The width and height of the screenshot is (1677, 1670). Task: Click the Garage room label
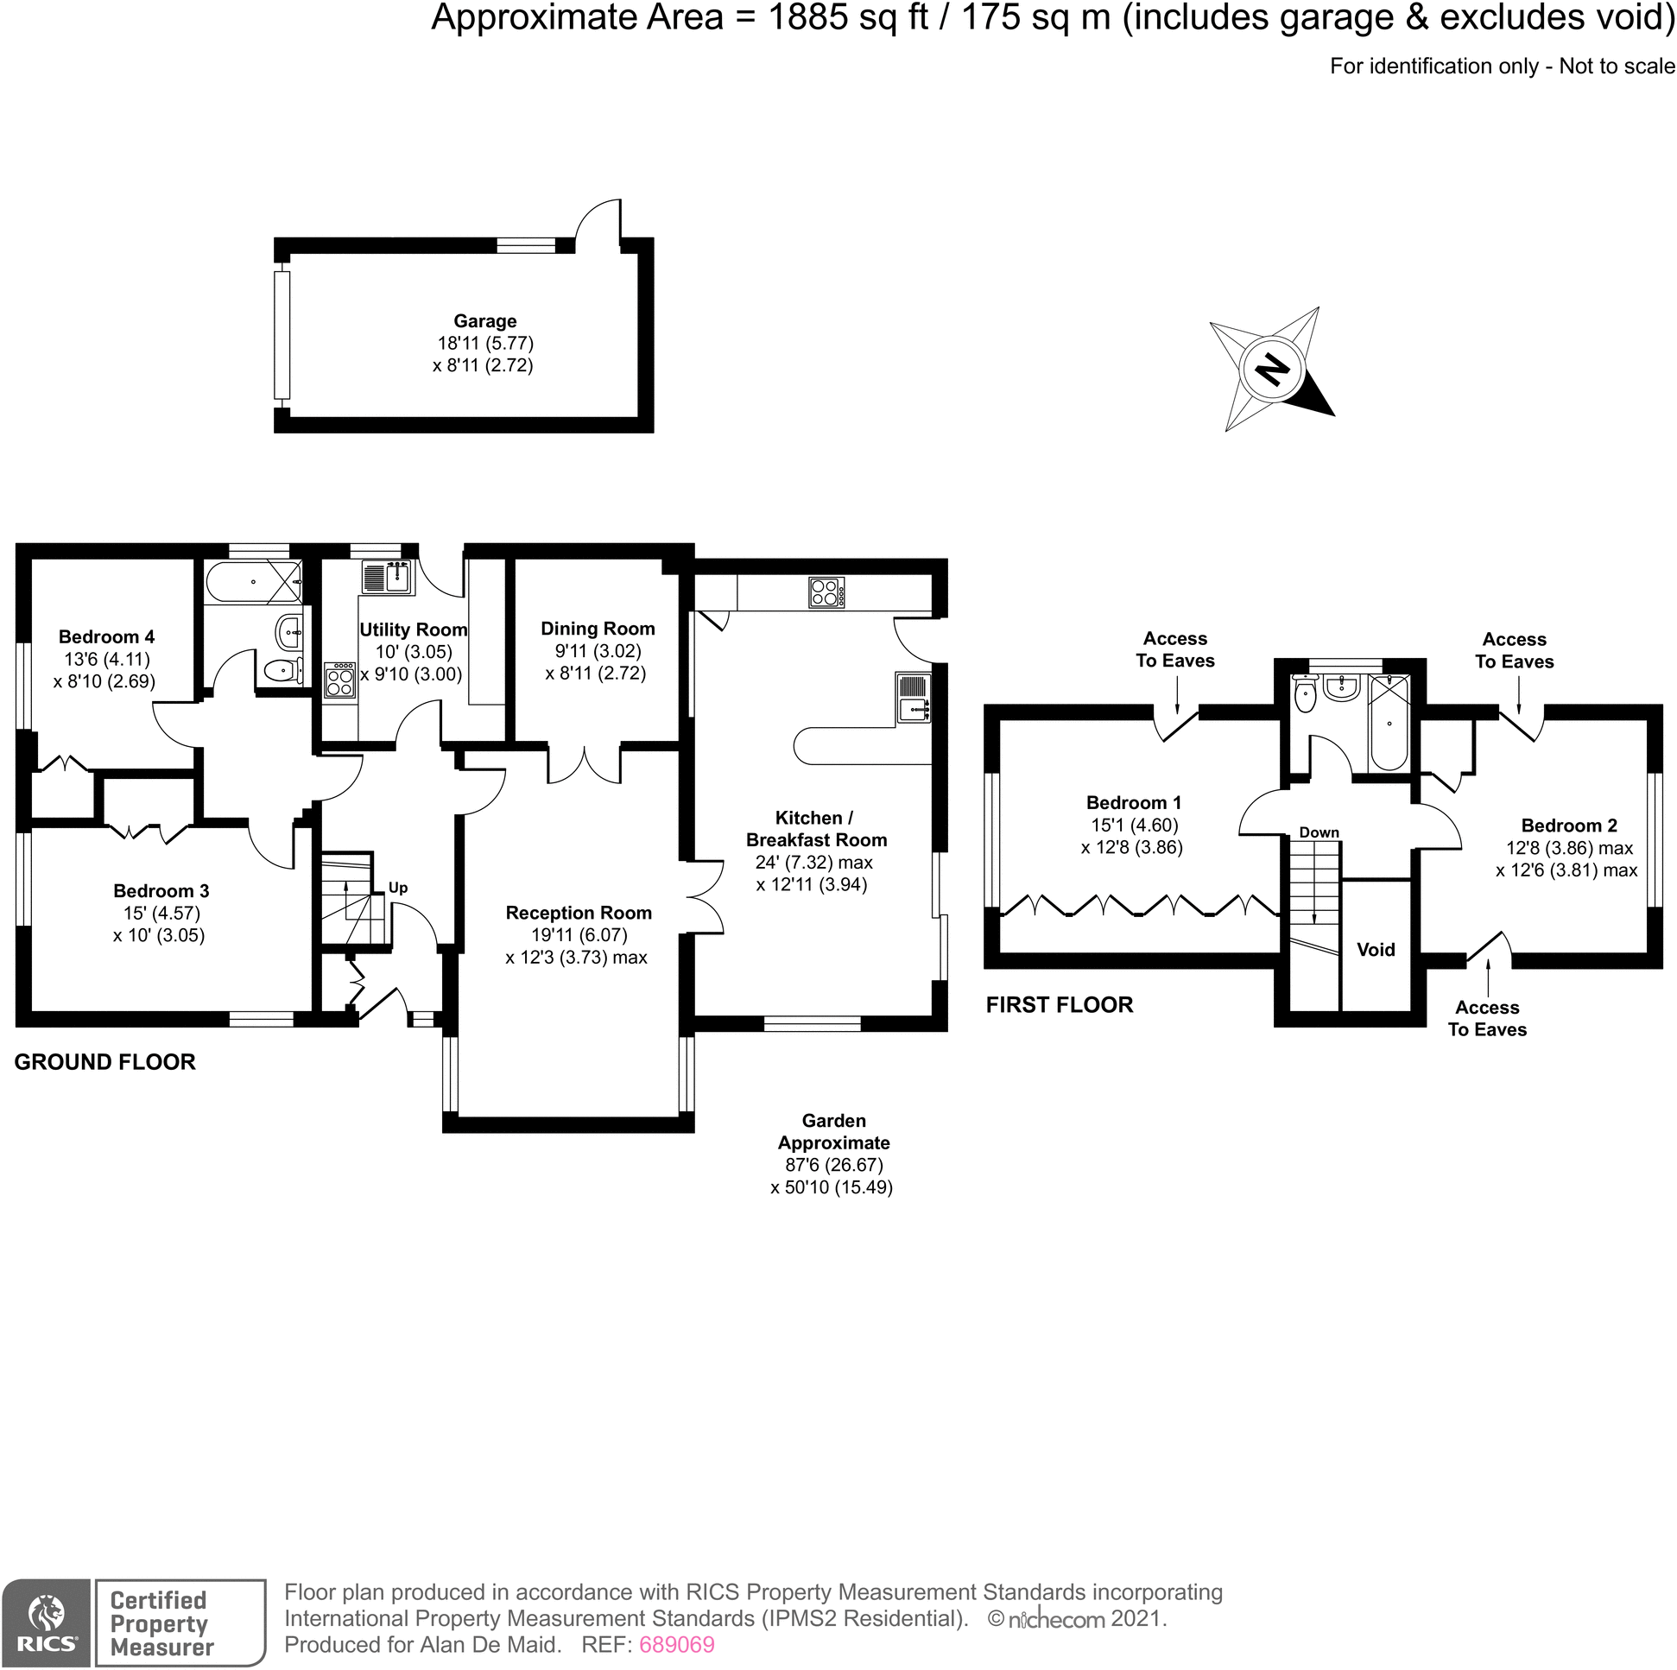click(484, 321)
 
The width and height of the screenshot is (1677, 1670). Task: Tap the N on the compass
click(1273, 370)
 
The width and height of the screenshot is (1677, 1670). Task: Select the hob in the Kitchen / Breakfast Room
click(826, 593)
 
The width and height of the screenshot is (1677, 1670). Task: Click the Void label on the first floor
click(1375, 950)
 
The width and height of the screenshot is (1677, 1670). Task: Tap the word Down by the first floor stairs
click(1319, 832)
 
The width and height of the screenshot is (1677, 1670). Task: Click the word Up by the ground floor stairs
click(397, 887)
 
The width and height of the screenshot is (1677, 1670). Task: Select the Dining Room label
click(598, 629)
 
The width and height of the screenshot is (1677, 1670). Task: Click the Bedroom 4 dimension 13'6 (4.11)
click(107, 659)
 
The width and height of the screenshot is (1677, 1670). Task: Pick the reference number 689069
click(676, 1644)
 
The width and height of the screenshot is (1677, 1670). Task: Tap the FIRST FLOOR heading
click(1059, 1005)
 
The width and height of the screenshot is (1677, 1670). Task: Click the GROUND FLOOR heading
click(105, 1061)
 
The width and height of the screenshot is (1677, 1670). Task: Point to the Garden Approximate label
click(833, 1132)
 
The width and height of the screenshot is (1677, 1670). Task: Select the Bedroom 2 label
click(1568, 826)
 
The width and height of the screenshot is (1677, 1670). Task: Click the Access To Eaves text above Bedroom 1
click(1175, 649)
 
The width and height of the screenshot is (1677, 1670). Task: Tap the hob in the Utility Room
click(340, 680)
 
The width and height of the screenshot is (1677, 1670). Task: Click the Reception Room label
click(578, 912)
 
